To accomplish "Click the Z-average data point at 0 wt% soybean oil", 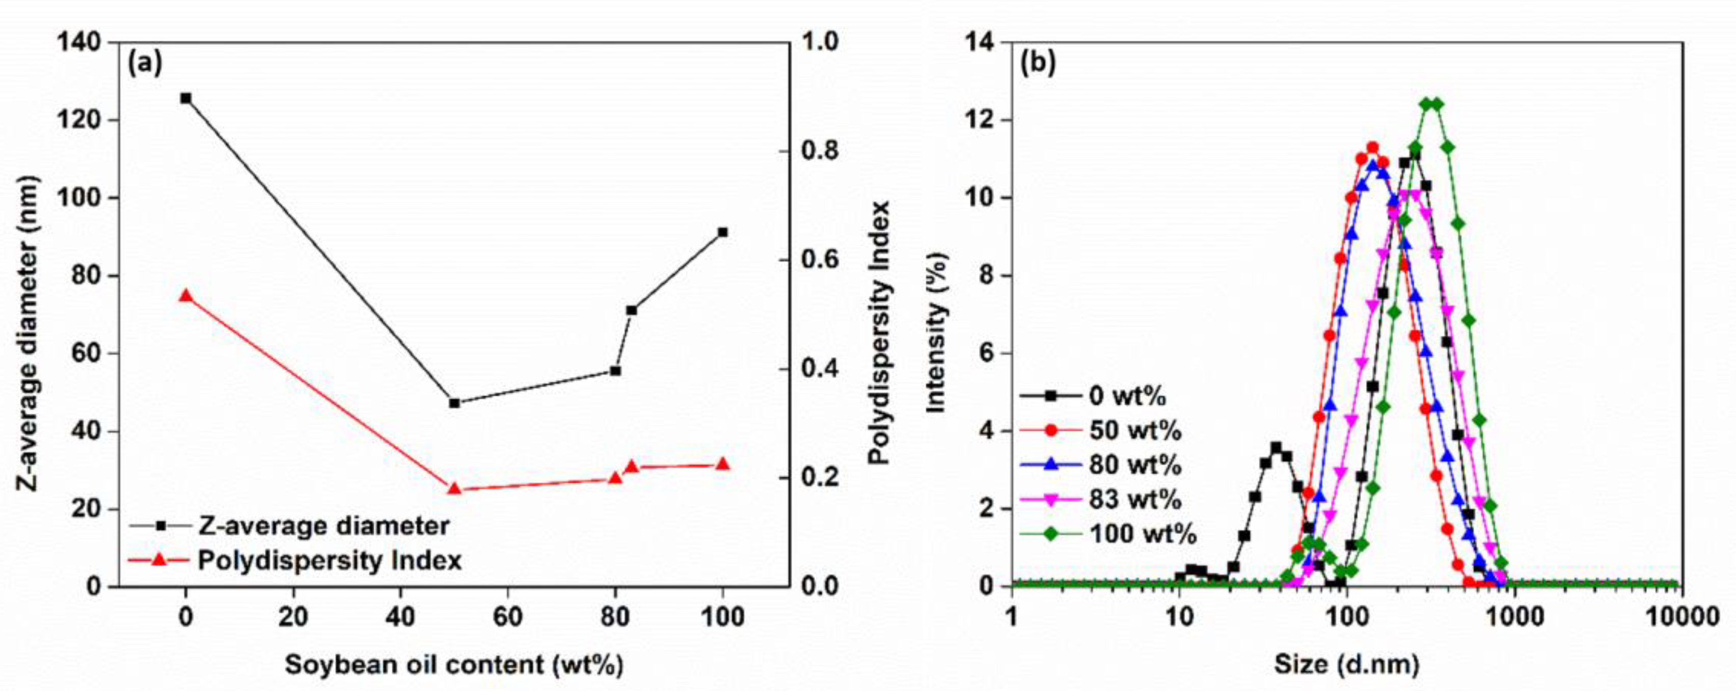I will click(186, 98).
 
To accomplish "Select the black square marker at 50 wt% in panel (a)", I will click(454, 403).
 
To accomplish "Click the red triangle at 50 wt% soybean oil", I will click(454, 488).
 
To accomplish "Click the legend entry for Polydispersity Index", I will click(329, 560).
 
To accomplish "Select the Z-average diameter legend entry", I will click(323, 525).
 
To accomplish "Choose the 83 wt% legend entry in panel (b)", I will click(1135, 500).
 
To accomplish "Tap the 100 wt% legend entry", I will click(1142, 535).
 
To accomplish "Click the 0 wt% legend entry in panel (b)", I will click(1127, 396).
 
